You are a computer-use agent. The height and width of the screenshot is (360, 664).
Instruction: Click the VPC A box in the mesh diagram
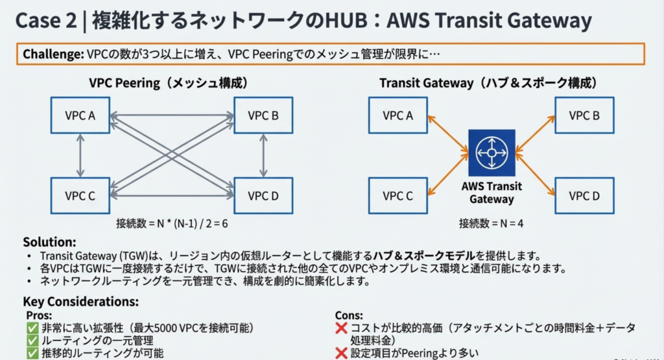coord(80,115)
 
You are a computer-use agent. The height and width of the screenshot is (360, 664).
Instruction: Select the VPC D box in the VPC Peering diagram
coord(263,195)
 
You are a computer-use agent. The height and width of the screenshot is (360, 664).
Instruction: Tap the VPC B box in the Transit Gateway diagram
coord(584,115)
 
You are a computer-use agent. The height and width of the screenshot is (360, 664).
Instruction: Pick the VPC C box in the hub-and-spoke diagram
coord(397,195)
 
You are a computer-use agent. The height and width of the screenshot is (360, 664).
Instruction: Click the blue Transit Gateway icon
coord(492,153)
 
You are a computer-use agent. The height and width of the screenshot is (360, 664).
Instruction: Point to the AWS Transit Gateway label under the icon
coord(492,193)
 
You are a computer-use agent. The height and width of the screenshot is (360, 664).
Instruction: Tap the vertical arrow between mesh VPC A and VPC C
coord(80,155)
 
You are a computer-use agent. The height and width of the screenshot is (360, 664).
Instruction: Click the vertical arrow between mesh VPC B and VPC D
coord(263,155)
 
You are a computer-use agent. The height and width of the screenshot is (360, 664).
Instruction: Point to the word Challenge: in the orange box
coord(53,54)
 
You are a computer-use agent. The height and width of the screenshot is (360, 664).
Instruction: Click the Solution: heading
coord(49,242)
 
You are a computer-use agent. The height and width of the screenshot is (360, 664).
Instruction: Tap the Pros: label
coord(38,315)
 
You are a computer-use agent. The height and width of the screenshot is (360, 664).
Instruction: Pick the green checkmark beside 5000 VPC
coord(32,328)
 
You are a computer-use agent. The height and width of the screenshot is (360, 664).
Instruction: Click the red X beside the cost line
coord(342,328)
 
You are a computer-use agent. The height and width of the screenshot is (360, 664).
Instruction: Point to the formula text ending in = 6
coord(172,224)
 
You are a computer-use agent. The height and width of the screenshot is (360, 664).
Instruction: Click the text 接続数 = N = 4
coord(492,224)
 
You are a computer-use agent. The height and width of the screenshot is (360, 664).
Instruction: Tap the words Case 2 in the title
coord(45,21)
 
